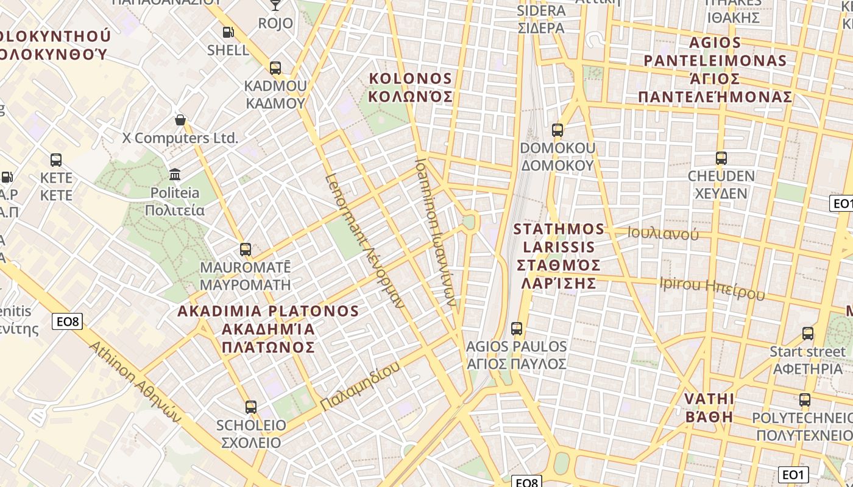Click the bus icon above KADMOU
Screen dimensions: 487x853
275,68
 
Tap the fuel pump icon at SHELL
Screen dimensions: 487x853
228,32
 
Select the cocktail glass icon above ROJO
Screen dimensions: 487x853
275,5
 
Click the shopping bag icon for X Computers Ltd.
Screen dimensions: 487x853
180,120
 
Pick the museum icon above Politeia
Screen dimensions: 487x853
175,175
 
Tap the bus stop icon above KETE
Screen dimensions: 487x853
56,160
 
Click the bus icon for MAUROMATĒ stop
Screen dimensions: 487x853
246,249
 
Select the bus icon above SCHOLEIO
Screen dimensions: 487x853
250,407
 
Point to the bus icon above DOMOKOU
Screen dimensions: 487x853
557,130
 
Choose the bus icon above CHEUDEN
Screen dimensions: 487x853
721,158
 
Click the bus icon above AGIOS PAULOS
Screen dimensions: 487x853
517,329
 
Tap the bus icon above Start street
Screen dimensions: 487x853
808,334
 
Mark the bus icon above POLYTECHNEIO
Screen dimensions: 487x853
805,400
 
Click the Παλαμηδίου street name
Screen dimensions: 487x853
360,386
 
